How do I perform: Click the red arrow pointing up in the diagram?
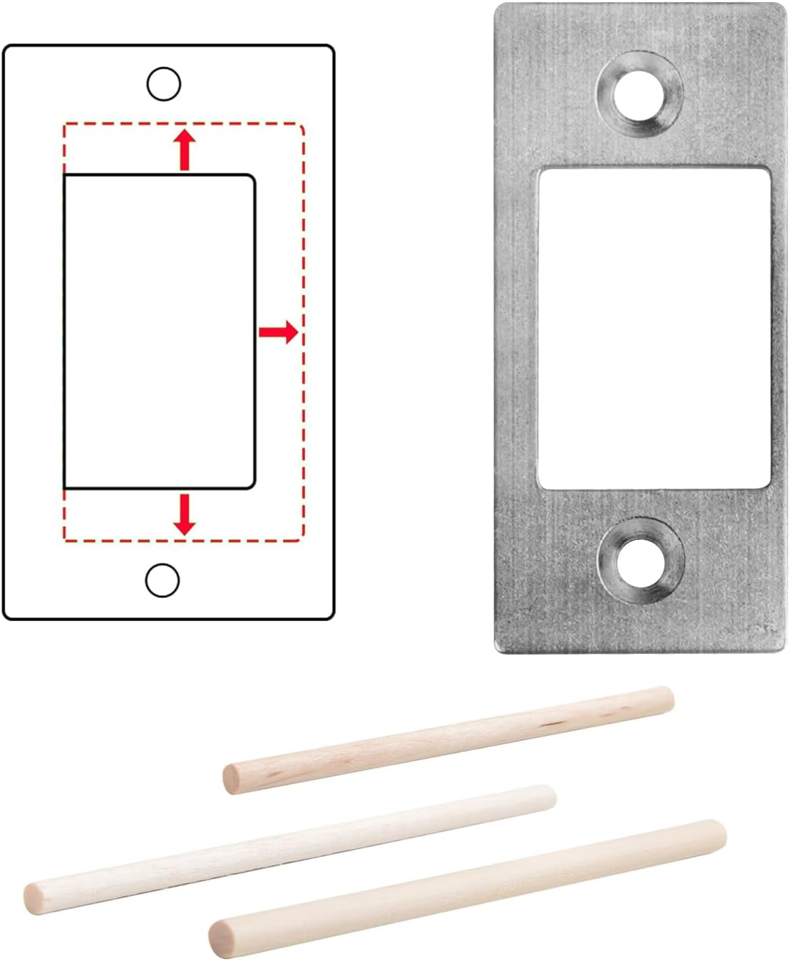pos(185,149)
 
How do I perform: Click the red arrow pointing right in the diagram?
pos(278,332)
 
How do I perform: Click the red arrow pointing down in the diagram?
pos(185,514)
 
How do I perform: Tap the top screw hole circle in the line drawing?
pos(164,85)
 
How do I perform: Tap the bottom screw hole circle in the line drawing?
pos(162,580)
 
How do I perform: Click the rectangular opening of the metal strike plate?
pos(654,327)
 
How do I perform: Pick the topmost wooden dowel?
pos(447,739)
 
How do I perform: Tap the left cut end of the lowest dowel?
pos(221,934)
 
